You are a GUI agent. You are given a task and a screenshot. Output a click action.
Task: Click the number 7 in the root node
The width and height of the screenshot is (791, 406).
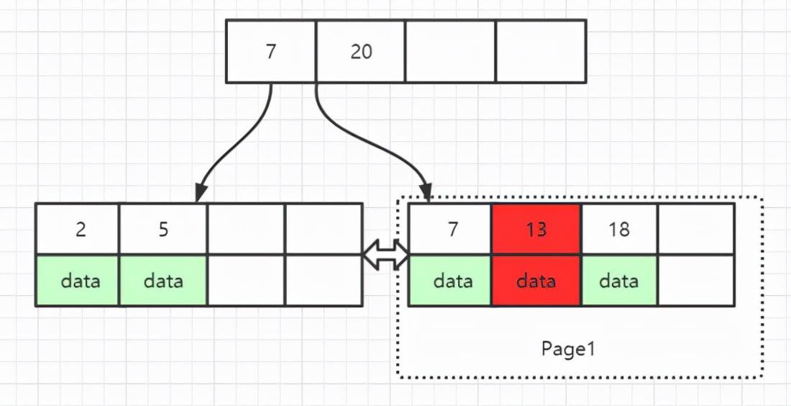(x=270, y=52)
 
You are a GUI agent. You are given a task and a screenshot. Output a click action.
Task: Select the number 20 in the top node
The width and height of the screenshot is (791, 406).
(x=361, y=52)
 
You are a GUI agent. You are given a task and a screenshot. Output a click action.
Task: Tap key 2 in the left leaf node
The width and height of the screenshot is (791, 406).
(x=81, y=229)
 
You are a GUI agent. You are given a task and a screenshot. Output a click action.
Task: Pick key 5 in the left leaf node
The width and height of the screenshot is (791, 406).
(x=163, y=229)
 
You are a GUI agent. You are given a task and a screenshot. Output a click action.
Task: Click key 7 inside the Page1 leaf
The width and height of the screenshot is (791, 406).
(x=452, y=229)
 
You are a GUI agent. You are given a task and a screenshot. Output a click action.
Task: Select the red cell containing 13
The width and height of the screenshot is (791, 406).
(x=536, y=229)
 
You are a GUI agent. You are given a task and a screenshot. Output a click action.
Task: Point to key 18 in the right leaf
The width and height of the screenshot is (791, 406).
(x=618, y=229)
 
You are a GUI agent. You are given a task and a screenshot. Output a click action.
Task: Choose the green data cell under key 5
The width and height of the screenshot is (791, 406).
(x=163, y=281)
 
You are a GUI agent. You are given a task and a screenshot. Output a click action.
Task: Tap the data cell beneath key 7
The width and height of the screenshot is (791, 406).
(x=452, y=281)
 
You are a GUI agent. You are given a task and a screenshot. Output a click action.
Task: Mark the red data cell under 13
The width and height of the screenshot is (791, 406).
(x=536, y=281)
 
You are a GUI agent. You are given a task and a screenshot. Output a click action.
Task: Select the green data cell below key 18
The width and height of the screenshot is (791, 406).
(x=618, y=281)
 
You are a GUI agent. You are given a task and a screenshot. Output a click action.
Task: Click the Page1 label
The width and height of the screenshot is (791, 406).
(x=568, y=349)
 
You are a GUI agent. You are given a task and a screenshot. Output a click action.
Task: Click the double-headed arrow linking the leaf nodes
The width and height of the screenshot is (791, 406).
(x=385, y=255)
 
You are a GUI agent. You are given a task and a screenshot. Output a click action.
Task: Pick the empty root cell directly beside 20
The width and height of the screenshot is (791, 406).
(x=450, y=52)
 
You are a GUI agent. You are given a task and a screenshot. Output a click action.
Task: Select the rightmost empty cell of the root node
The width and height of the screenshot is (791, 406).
(x=541, y=52)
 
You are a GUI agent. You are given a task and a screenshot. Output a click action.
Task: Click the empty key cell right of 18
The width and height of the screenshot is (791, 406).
(x=695, y=229)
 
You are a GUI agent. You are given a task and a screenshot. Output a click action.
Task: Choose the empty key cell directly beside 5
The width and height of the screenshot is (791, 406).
(x=246, y=229)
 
